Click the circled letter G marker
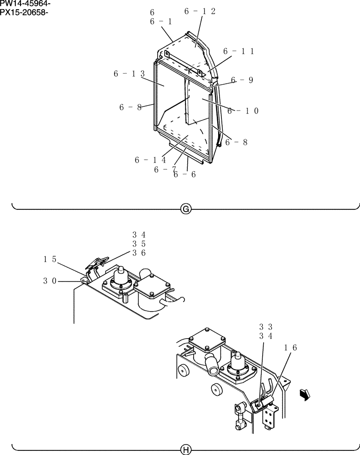pyautogui.click(x=185, y=209)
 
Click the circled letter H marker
pyautogui.click(x=185, y=450)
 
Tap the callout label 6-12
pyautogui.click(x=200, y=11)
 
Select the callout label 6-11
pyautogui.click(x=238, y=51)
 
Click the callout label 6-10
pyautogui.click(x=243, y=111)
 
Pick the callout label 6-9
pyautogui.click(x=242, y=80)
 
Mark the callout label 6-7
pyautogui.click(x=165, y=169)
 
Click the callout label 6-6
pyautogui.click(x=185, y=174)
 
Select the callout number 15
pyautogui.click(x=50, y=259)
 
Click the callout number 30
pyautogui.click(x=50, y=281)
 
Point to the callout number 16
pyautogui.click(x=290, y=347)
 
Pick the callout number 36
pyautogui.click(x=139, y=253)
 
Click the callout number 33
pyautogui.click(x=266, y=327)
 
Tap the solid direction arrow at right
pyautogui.click(x=304, y=394)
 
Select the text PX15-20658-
pyautogui.click(x=24, y=12)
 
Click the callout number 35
pyautogui.click(x=139, y=244)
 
